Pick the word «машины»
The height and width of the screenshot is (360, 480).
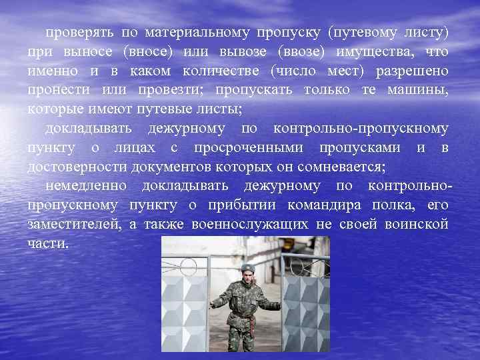point(418,89)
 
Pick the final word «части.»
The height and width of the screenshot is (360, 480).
point(48,243)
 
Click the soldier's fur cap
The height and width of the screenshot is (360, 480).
point(247,268)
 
